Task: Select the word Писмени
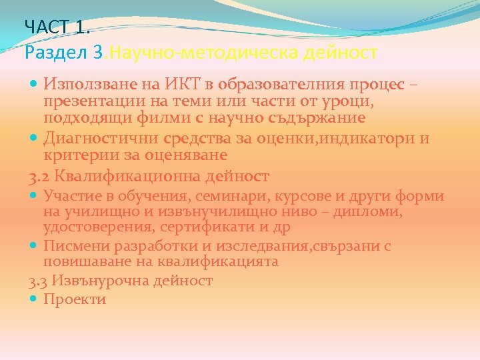coord(71,246)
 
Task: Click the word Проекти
coord(75,299)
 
